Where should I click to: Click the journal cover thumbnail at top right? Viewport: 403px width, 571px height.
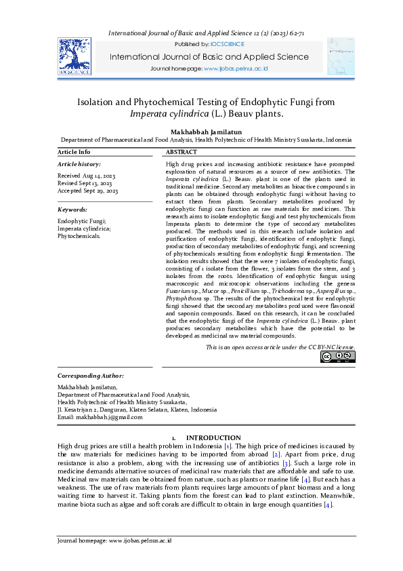(x=341, y=56)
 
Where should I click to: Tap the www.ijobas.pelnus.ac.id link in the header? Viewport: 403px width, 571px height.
(x=236, y=69)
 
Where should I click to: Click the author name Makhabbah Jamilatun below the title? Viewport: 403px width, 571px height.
(x=200, y=130)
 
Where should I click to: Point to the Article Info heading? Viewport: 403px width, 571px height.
(x=74, y=152)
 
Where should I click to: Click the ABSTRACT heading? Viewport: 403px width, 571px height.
(x=182, y=152)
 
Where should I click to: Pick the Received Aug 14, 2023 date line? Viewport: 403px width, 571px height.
(x=85, y=176)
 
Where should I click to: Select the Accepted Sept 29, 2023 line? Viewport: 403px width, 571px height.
(x=88, y=191)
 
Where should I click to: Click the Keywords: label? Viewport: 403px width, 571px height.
(x=72, y=210)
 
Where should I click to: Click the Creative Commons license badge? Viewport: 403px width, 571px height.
(x=337, y=357)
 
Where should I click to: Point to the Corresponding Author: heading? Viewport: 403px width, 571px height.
(x=91, y=376)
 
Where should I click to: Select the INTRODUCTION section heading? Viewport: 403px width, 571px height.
(x=213, y=437)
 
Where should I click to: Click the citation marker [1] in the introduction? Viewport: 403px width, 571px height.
(x=229, y=446)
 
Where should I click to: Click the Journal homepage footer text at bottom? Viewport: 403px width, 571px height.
(x=113, y=540)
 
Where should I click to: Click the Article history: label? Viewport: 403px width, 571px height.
(x=79, y=164)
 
